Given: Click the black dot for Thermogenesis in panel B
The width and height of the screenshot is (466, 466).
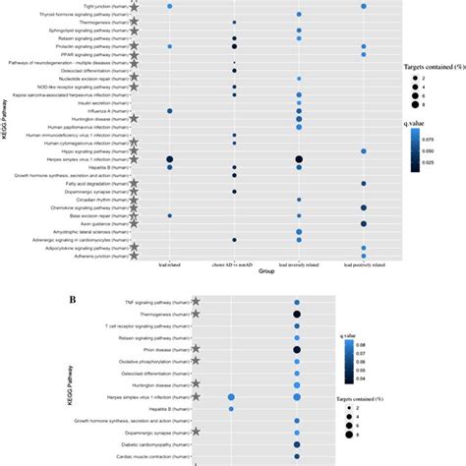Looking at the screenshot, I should (297, 314).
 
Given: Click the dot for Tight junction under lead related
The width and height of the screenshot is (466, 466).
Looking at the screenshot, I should (170, 6).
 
